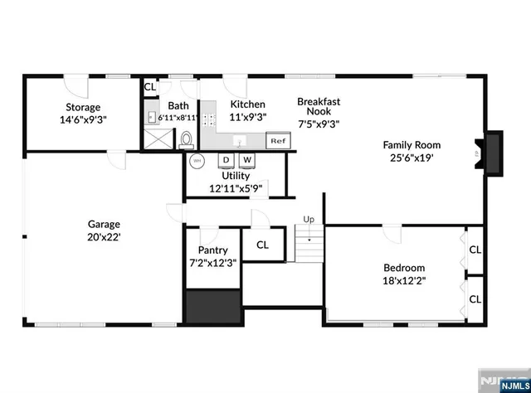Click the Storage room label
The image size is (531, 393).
tap(83, 107)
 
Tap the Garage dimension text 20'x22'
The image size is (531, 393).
tap(105, 237)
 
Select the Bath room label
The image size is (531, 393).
tap(178, 106)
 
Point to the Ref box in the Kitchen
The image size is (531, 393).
tap(277, 141)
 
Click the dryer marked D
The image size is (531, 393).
tap(226, 159)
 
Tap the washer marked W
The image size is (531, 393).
tap(247, 159)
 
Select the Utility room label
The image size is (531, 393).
tap(236, 176)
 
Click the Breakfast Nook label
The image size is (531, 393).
tap(319, 106)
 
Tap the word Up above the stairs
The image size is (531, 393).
tap(309, 219)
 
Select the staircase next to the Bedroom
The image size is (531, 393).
tap(309, 245)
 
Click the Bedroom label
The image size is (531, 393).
tap(404, 268)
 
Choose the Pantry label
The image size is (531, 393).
tap(212, 250)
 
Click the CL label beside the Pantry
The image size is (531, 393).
tap(262, 245)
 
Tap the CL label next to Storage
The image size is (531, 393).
tap(150, 86)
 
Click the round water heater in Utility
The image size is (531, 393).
tap(197, 160)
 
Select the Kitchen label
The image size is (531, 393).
tap(247, 104)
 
